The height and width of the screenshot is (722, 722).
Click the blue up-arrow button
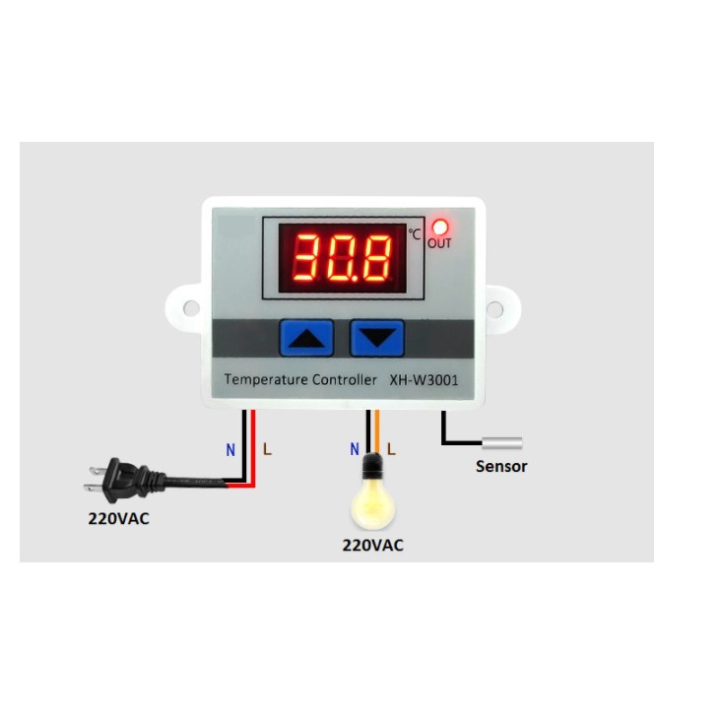click(307, 338)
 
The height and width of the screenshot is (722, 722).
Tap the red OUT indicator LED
click(439, 226)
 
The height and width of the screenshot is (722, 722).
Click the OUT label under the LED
click(439, 243)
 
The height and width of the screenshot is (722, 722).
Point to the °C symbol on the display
click(415, 233)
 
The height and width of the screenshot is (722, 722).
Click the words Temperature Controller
click(300, 379)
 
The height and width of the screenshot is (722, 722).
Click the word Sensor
click(501, 466)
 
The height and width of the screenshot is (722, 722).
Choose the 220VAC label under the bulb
click(372, 545)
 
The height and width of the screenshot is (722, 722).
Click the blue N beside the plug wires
click(230, 450)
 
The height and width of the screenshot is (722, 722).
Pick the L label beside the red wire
click(267, 450)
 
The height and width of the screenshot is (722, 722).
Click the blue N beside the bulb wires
click(355, 449)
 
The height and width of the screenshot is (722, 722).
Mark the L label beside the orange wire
click(391, 449)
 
